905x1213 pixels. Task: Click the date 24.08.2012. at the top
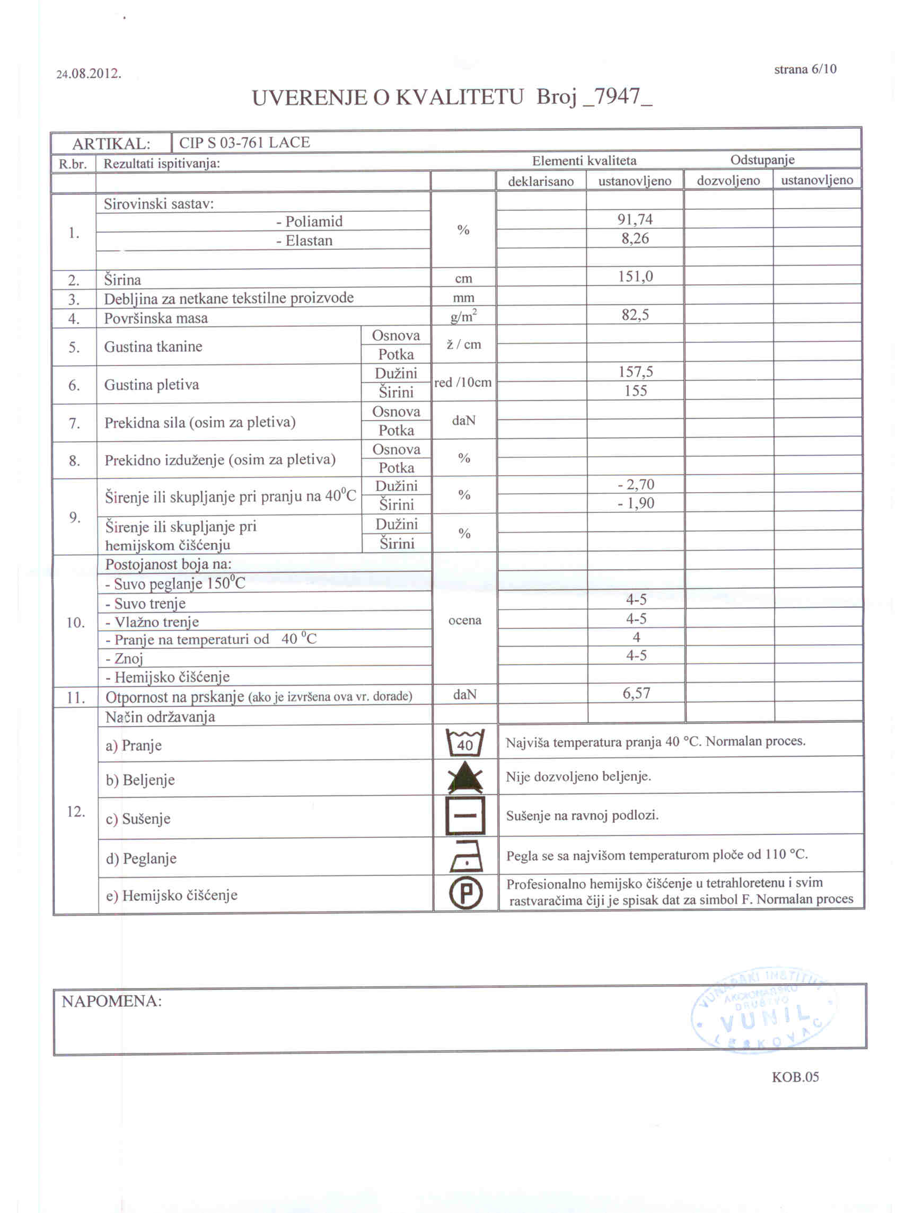89,73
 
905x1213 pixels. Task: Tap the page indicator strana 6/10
805,69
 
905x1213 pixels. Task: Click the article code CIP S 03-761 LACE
244,143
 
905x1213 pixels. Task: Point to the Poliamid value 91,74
635,219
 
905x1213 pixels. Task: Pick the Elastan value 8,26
635,239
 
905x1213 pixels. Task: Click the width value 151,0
636,277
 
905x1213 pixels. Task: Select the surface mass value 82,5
636,315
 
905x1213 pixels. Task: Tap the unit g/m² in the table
463,316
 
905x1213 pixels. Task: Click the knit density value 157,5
636,373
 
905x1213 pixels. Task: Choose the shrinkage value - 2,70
636,485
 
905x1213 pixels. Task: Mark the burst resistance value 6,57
636,694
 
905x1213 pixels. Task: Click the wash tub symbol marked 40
464,742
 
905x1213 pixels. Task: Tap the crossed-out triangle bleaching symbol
464,777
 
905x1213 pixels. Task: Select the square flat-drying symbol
465,816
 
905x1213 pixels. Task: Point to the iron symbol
465,856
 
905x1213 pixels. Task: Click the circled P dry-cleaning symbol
465,893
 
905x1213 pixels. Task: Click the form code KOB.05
795,1077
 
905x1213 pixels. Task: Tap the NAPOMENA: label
111,1001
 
